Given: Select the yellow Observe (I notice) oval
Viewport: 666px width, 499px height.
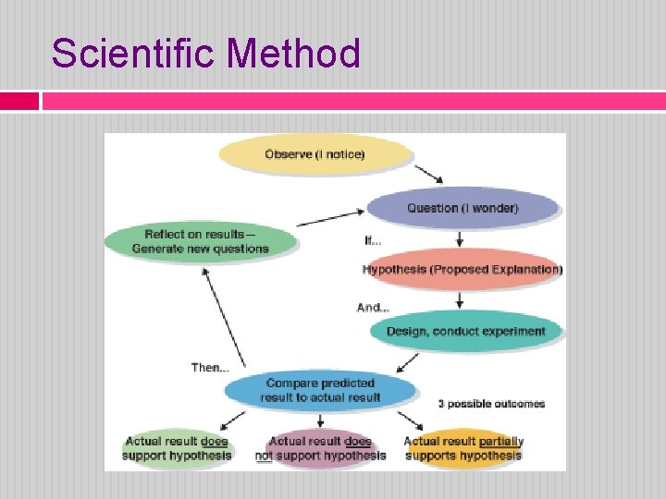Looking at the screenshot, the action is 314,154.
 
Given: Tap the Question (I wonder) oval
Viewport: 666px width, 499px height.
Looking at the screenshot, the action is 462,208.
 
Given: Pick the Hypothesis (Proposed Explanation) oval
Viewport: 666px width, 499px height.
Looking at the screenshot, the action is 462,270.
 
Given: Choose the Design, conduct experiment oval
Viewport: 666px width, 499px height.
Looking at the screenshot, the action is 466,331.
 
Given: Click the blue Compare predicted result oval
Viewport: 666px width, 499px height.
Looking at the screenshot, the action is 320,390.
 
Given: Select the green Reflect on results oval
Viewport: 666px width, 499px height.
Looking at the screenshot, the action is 200,240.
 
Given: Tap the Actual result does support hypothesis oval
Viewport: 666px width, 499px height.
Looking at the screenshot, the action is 178,448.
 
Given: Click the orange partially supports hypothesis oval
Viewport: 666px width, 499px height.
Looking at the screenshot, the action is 463,448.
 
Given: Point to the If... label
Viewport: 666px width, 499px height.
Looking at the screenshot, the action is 373,241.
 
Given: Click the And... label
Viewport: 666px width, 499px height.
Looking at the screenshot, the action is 373,307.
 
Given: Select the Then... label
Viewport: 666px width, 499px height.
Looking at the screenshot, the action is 209,368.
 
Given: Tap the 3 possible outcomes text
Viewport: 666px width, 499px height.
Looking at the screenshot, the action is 491,404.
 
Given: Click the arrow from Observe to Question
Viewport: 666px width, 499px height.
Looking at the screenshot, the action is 428,174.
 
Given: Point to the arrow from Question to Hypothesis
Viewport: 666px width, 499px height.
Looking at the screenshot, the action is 460,238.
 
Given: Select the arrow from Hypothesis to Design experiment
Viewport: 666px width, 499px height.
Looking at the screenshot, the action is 460,299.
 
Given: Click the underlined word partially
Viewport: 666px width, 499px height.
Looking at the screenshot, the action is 501,442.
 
